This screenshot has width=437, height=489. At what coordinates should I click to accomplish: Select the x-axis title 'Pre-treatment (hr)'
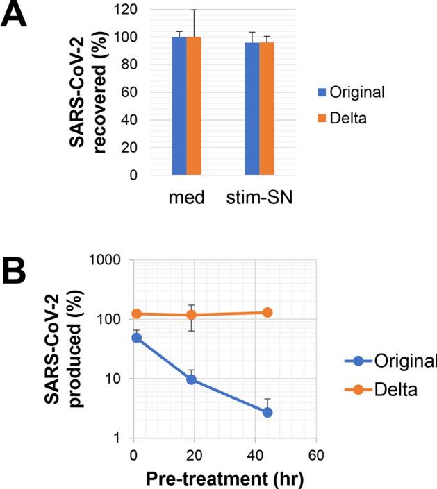[x=225, y=478]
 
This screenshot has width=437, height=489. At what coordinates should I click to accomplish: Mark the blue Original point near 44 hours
[x=267, y=412]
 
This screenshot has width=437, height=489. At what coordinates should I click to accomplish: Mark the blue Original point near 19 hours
[x=191, y=379]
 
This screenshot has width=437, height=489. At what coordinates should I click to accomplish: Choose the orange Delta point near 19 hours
[x=191, y=315]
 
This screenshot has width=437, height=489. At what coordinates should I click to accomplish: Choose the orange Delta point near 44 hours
[x=267, y=313]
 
